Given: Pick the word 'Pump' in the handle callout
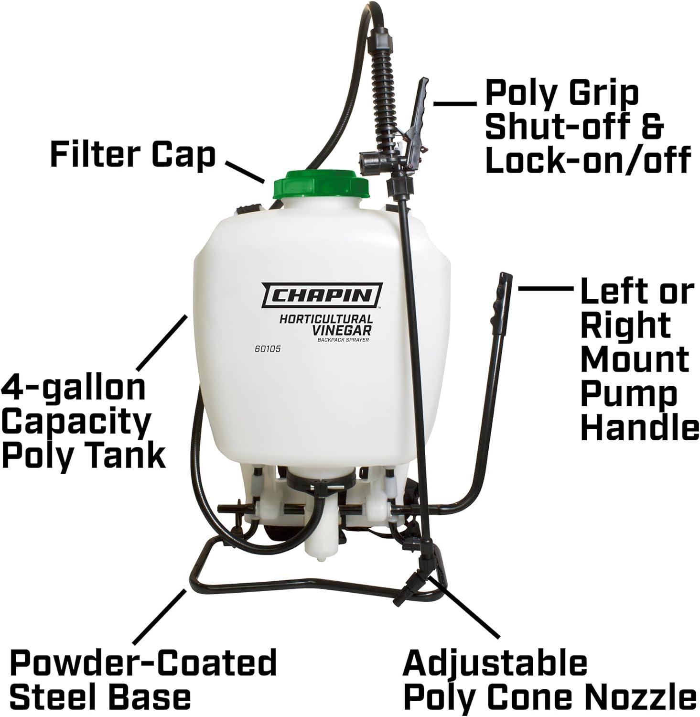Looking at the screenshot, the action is point(629,396).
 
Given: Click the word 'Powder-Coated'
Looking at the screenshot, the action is point(143,663).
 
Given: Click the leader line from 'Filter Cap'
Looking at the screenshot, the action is point(245,173).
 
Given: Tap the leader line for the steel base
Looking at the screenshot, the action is point(160,617).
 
